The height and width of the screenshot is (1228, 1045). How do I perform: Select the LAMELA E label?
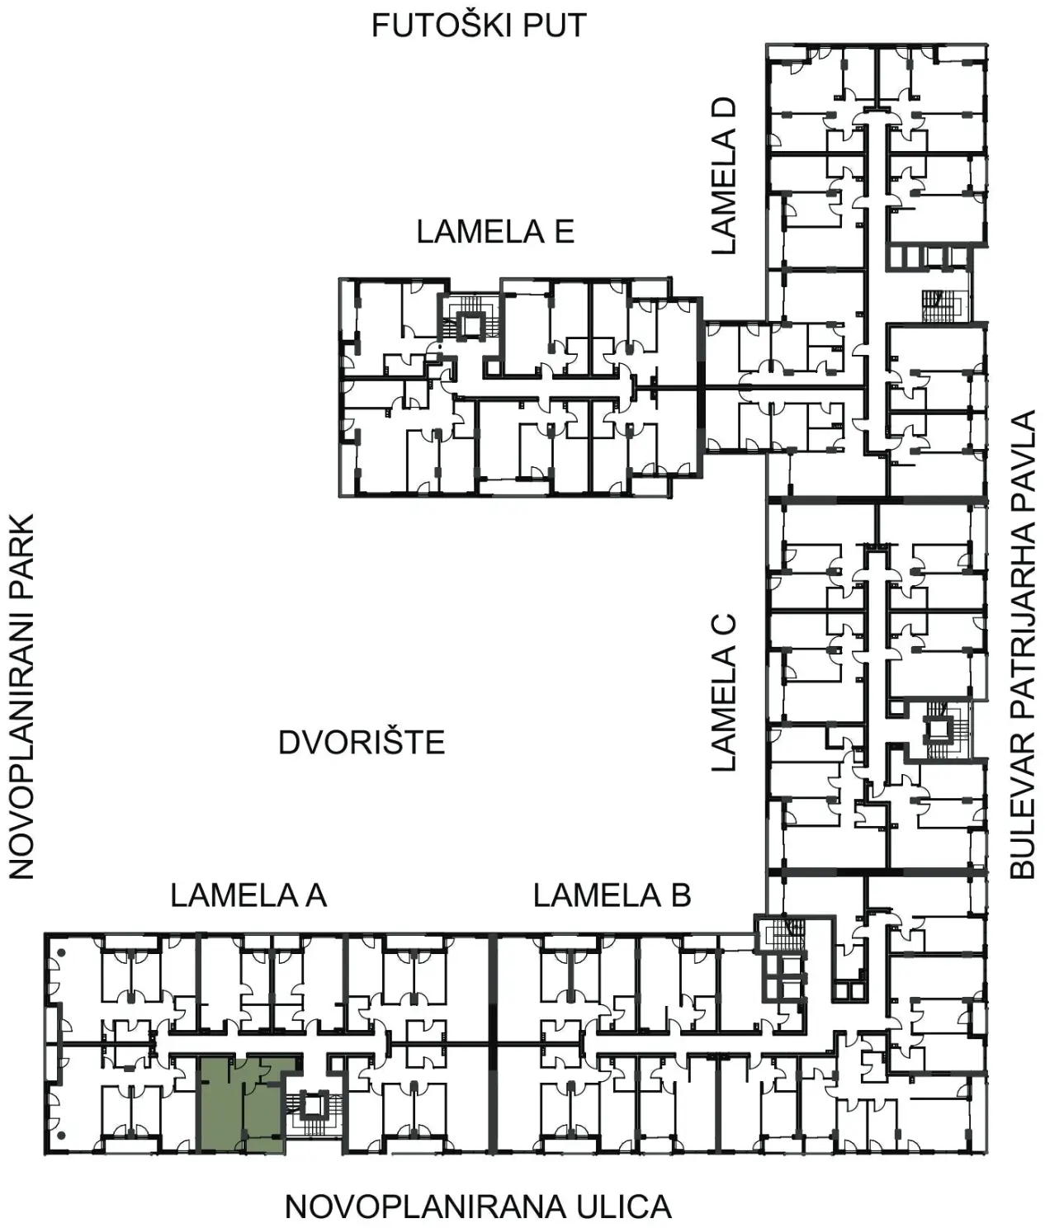[495, 232]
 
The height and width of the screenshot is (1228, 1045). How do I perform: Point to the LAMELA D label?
[724, 177]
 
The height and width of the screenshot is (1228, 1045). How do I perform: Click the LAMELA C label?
[724, 692]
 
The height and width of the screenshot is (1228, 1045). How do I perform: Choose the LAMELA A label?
[249, 895]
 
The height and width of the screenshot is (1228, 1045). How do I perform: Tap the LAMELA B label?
[612, 895]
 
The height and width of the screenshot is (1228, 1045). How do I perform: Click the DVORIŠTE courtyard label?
[362, 743]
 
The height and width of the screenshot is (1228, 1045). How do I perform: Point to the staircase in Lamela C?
[940, 730]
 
